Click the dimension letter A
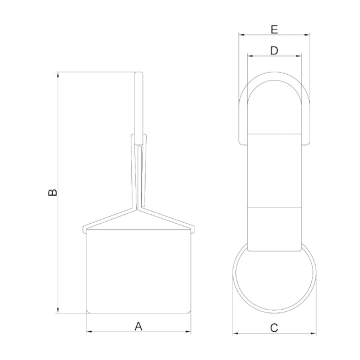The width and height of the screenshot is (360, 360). tap(138, 326)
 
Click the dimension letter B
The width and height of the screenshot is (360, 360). tap(53, 193)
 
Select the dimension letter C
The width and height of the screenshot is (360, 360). tap(274, 328)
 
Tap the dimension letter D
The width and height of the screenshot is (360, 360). tap(274, 50)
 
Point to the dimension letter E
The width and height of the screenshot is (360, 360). tap(274, 29)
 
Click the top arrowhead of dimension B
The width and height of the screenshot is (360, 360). tap(58, 75)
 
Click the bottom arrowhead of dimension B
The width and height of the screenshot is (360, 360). tap(58, 310)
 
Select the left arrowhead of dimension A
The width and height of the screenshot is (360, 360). tap(90, 332)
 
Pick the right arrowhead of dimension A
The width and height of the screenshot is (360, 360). tap(188, 332)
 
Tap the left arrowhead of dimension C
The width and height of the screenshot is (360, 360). tap(235, 333)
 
